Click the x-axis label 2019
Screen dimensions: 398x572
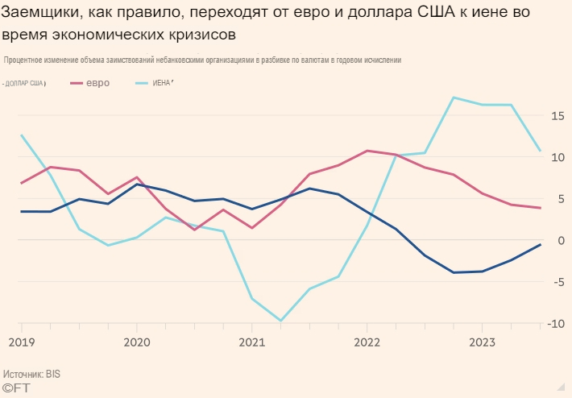pos(21,342)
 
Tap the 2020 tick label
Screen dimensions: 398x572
pos(136,342)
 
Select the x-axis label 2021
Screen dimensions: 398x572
pos(252,342)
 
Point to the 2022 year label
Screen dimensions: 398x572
pos(367,342)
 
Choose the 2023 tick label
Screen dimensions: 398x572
pos(482,342)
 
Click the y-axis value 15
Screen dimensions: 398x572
pos(557,116)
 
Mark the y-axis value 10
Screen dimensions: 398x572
pos(557,157)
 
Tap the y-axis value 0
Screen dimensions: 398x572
pos(561,240)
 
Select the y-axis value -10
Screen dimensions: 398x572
pos(556,323)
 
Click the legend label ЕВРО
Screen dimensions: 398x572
pos(98,83)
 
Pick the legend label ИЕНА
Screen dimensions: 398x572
pos(163,83)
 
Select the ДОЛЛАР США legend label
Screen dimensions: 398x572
pos(24,84)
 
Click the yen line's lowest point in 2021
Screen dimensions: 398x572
pos(280,321)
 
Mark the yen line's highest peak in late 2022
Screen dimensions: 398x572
pos(454,97)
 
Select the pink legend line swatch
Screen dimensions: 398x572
pos(78,83)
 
